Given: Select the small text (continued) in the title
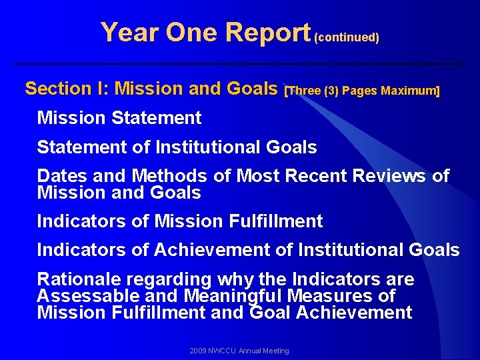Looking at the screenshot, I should tap(347, 37).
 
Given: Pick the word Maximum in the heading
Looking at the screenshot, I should tap(409, 91).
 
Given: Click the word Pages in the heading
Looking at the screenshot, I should tap(360, 91).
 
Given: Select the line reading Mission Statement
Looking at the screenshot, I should tap(119, 118).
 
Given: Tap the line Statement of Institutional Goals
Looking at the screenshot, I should tap(177, 147).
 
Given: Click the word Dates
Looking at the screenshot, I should tap(62, 176).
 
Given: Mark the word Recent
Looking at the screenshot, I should tap(315, 176).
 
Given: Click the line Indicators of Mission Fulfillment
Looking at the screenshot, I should tap(180, 221).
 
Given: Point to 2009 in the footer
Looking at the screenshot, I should tap(197, 351).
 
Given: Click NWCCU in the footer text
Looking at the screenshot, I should tap(223, 351).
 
